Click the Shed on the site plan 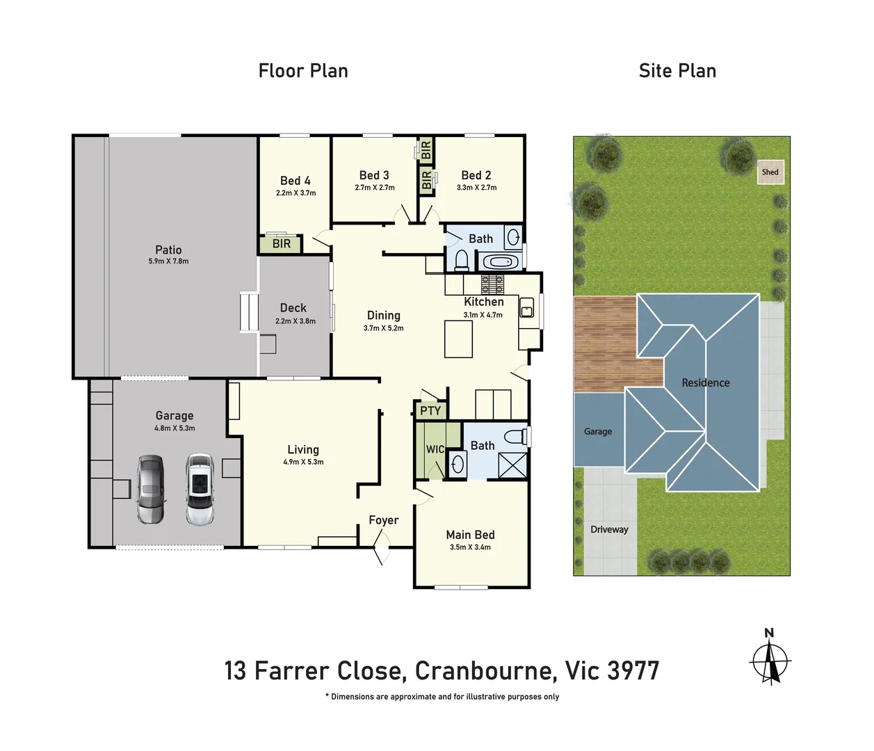[770, 172]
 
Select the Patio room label [168, 250]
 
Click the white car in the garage [200, 490]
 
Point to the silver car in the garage [151, 490]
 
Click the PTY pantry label [430, 411]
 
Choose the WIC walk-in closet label [435, 449]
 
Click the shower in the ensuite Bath [513, 465]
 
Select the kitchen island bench [458, 339]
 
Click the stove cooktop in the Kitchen [492, 284]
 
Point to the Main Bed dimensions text [470, 547]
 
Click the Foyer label [383, 520]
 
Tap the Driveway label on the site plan [609, 529]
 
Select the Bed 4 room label [296, 181]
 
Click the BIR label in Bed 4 [282, 244]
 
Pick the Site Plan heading [677, 71]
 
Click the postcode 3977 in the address [633, 671]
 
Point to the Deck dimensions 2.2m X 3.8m [296, 321]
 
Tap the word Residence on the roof [705, 382]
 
